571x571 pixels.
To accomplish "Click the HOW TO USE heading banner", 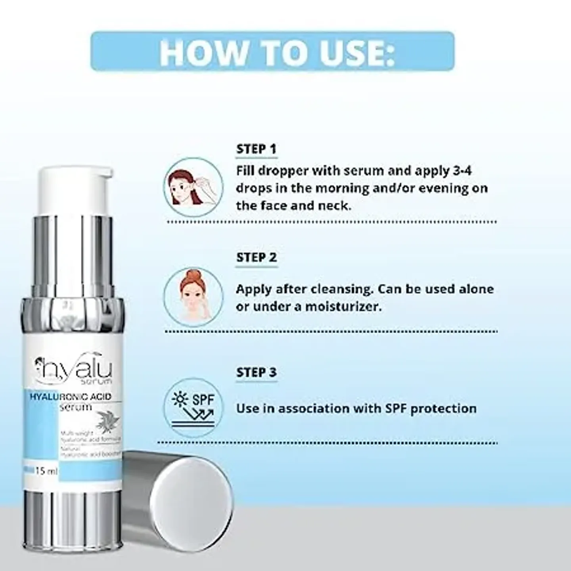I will point(272,52).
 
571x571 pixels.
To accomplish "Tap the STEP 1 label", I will point(256,149).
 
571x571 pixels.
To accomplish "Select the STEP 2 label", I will point(257,257).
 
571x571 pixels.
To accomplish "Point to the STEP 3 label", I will point(257,372).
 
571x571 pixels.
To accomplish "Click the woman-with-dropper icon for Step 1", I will point(194,187).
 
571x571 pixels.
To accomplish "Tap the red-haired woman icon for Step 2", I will point(194,297).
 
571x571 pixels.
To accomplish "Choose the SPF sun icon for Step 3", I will point(194,408).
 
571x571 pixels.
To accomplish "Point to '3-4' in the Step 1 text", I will point(462,171).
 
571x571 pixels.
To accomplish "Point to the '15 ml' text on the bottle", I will point(46,471).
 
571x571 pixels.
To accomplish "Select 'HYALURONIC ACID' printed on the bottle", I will point(71,397).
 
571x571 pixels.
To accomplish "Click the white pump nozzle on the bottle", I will point(75,190).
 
